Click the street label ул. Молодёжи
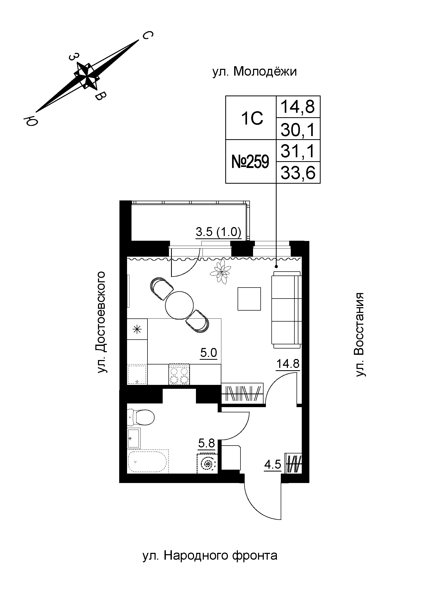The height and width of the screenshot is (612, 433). [255, 72]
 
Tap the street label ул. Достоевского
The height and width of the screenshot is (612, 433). [102, 322]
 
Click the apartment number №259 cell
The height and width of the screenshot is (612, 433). [250, 162]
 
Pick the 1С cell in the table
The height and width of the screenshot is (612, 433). [252, 118]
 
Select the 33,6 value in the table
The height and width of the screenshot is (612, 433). [298, 173]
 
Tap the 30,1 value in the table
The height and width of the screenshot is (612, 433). [298, 129]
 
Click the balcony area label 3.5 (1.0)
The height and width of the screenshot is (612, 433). [218, 232]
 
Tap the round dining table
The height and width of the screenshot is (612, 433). [179, 305]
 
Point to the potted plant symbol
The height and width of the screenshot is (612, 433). [220, 272]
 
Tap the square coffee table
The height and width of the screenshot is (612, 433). [249, 299]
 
